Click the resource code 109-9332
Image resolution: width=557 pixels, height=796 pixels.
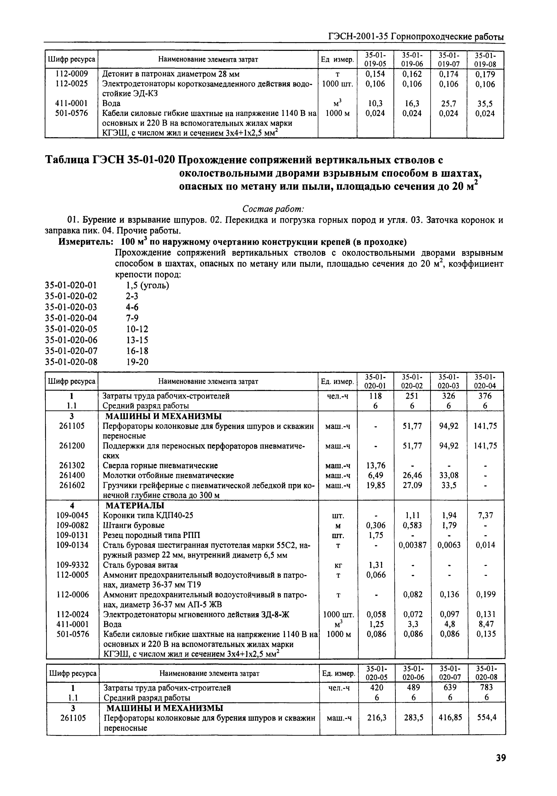click(x=72, y=565)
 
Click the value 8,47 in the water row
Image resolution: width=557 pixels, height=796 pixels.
click(x=485, y=624)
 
